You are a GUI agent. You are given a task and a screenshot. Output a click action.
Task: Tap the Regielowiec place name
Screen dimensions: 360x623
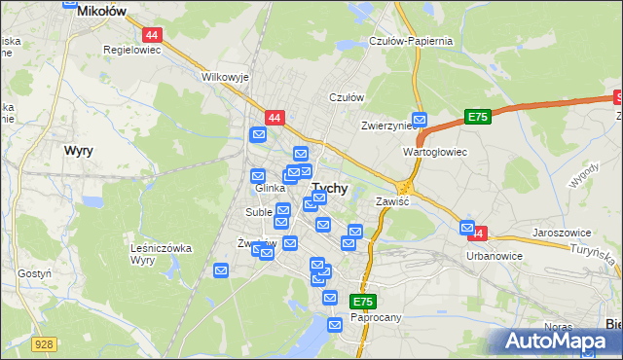130,48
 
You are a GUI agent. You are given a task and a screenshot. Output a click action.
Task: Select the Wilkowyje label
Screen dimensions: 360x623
226,76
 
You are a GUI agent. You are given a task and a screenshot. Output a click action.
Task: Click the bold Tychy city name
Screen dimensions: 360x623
330,189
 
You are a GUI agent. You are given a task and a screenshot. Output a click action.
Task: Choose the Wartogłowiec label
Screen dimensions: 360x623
436,153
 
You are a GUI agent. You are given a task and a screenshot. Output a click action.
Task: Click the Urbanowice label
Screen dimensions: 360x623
495,256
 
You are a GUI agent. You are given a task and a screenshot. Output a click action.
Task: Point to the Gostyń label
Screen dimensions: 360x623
34,274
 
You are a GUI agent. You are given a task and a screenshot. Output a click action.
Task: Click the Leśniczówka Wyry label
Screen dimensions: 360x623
162,254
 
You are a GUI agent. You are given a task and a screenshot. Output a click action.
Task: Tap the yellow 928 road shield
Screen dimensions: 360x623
43,343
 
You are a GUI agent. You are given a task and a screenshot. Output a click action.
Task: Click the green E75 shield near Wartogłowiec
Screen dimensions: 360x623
476,117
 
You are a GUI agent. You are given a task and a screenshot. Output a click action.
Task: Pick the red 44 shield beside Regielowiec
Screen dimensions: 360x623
156,34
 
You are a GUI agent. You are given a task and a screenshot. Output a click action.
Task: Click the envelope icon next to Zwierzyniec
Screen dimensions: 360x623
420,119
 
